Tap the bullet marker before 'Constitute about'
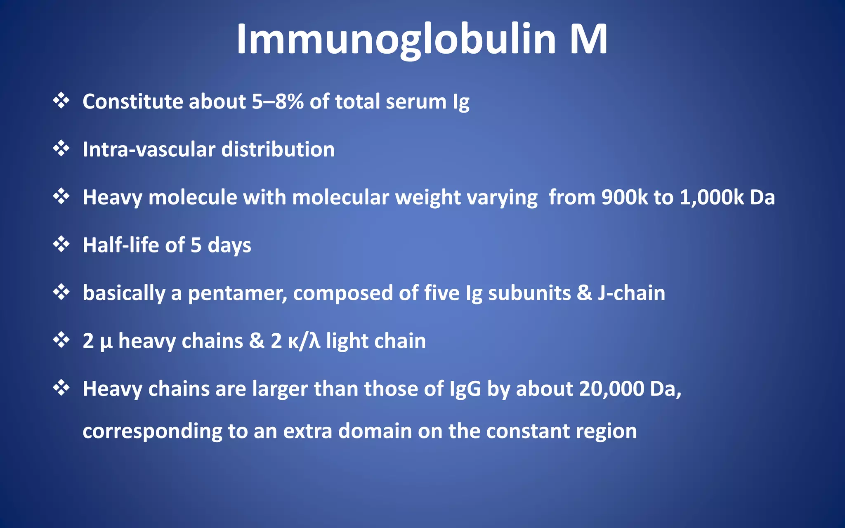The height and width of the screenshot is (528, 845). (61, 101)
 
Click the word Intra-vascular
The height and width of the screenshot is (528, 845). (149, 149)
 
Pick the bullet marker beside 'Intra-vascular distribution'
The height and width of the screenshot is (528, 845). (61, 148)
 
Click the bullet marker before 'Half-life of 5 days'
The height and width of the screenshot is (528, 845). (61, 244)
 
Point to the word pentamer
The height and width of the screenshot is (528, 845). (237, 294)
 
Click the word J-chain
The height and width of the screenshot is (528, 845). (631, 293)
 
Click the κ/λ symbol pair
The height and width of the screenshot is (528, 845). (304, 342)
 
